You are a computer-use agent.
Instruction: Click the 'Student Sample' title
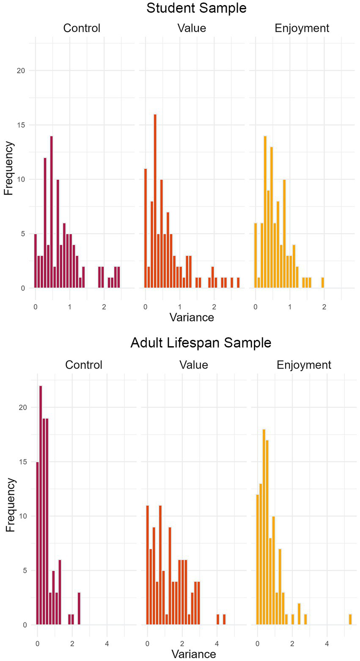pyautogui.click(x=196, y=8)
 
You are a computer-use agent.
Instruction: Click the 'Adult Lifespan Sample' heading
pyautogui.click(x=201, y=342)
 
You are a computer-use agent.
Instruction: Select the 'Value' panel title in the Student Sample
pyautogui.click(x=192, y=28)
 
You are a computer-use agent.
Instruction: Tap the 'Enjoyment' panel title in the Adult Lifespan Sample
pyautogui.click(x=304, y=365)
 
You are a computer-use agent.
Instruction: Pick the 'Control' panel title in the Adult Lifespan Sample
pyautogui.click(x=84, y=365)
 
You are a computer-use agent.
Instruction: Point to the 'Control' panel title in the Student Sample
pyautogui.click(x=82, y=28)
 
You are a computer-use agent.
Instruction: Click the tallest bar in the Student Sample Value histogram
pyautogui.click(x=155, y=201)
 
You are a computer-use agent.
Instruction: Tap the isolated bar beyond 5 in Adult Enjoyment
pyautogui.click(x=350, y=619)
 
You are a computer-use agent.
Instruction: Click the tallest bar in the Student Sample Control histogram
pyautogui.click(x=51, y=212)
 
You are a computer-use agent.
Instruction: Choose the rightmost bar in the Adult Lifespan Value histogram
pyautogui.click(x=224, y=619)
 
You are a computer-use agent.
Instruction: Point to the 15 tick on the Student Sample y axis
pyautogui.click(x=20, y=125)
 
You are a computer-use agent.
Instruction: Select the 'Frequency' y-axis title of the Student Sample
pyautogui.click(x=9, y=168)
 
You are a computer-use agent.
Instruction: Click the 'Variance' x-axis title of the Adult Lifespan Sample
pyautogui.click(x=194, y=654)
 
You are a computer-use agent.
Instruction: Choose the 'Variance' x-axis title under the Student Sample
pyautogui.click(x=192, y=317)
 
